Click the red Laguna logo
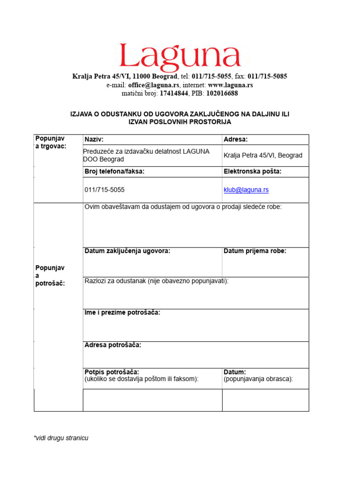pos(180,56)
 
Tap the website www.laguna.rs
pos(230,85)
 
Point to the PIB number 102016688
pos(222,93)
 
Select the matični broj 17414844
pos(175,93)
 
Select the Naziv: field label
pos(94,140)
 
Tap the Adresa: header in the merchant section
pos(236,140)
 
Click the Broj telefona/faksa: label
pos(114,172)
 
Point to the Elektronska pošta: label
pos(253,172)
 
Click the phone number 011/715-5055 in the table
pos(105,190)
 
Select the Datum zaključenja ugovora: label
pos(127,251)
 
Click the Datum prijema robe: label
pos(255,251)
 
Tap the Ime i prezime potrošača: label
pos(122,313)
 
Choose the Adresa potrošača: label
pos(112,345)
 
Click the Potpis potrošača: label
pos(112,372)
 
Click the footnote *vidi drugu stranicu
pos(61,438)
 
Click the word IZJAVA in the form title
pos(80,114)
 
